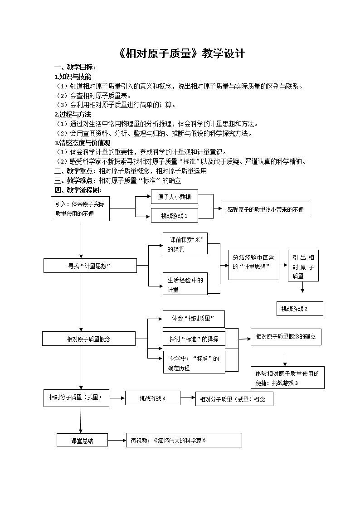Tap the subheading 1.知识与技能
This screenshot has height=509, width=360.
(73, 77)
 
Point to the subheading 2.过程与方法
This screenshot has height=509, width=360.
(73, 114)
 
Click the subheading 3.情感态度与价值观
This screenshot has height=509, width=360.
(82, 143)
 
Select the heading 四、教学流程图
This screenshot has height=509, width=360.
(78, 190)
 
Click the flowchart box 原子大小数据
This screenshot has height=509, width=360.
(175, 197)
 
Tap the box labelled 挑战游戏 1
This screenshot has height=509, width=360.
(175, 216)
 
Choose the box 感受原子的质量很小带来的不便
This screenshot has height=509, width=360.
(265, 209)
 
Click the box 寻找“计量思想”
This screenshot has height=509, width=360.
(90, 266)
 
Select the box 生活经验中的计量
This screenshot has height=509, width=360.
(185, 284)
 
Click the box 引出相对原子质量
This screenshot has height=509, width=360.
(303, 265)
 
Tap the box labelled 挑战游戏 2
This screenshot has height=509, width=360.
(300, 309)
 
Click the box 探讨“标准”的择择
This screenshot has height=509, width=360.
(194, 339)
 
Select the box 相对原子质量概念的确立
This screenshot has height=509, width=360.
(286, 337)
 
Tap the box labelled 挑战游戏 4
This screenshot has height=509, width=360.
(153, 398)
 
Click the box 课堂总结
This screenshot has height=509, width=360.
(82, 440)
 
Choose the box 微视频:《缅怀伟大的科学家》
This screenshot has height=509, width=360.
(184, 440)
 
